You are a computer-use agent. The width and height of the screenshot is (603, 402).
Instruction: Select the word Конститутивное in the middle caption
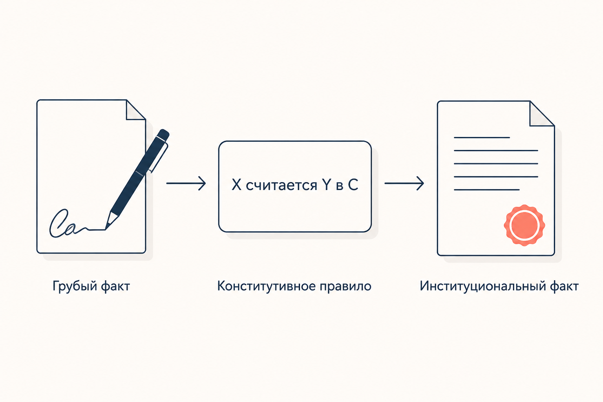coord(266,286)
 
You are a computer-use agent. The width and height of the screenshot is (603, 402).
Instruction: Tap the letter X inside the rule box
coord(236,185)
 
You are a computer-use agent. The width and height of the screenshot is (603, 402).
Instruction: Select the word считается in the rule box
coord(281,186)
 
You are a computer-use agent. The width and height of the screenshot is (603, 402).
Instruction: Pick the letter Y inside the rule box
coord(326,185)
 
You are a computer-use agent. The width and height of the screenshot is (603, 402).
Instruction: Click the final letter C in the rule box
coord(353,185)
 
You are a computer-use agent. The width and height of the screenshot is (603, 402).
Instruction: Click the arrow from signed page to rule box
coord(186,183)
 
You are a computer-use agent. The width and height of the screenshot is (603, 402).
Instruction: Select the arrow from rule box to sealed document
coord(404,183)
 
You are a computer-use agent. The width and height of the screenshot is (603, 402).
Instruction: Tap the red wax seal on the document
coord(524,225)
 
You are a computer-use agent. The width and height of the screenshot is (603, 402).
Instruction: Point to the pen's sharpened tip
coord(106,229)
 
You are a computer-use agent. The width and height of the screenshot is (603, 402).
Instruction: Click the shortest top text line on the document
coord(482,137)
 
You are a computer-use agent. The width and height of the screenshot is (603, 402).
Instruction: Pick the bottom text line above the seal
coord(487,190)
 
